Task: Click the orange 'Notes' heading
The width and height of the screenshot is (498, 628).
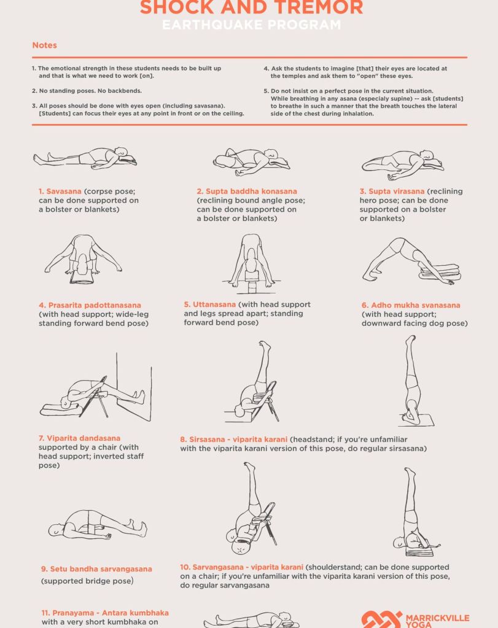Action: [44, 45]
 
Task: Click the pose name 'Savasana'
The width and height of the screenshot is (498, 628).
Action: [64, 192]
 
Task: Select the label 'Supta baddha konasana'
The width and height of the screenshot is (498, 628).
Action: [251, 192]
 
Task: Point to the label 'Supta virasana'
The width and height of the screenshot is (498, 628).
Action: [396, 192]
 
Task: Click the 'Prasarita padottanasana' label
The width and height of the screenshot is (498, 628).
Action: [95, 305]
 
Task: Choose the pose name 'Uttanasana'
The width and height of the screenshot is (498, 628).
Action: [214, 304]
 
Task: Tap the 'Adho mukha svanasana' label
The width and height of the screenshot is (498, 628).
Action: [416, 305]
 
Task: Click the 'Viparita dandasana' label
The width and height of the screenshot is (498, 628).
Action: [84, 438]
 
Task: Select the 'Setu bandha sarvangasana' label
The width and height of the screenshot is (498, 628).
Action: [101, 568]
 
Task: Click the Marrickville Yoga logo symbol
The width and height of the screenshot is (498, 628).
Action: [381, 619]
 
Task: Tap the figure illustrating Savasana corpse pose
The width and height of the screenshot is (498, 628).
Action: [85, 157]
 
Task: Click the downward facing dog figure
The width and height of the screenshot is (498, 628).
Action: [411, 261]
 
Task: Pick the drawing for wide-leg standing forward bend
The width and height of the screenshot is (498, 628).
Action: [83, 259]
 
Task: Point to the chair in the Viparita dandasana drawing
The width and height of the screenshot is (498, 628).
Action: [96, 397]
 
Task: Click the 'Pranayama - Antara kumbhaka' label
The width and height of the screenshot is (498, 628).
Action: [105, 613]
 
